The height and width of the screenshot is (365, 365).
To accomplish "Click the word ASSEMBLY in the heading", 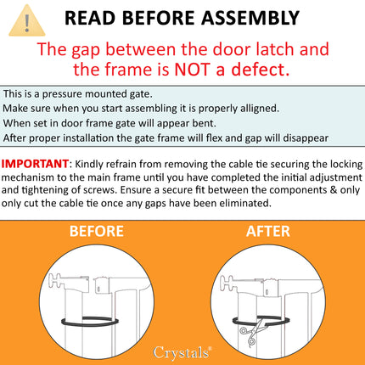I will point(247,18).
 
